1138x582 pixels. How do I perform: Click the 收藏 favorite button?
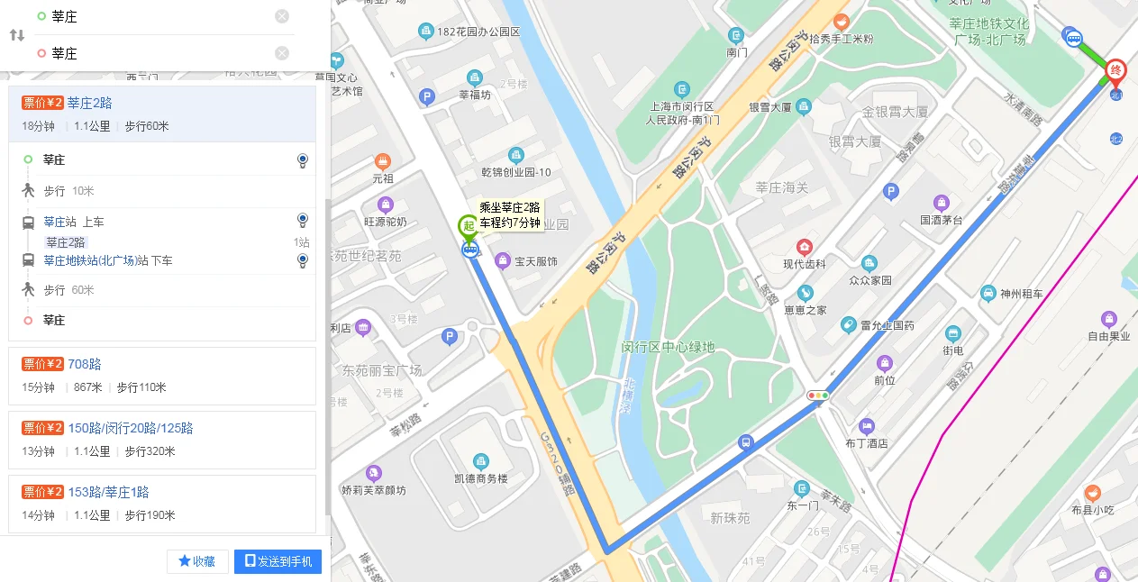[197, 561]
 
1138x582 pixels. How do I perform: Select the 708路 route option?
[84, 364]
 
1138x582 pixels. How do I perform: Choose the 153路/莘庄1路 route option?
[108, 492]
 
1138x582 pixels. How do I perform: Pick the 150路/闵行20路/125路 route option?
[131, 428]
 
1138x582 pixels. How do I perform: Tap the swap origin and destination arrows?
[17, 35]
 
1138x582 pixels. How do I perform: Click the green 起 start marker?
[469, 226]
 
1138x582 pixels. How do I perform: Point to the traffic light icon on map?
[818, 396]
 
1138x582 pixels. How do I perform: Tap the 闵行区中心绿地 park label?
[668, 347]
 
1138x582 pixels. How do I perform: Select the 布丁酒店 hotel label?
[866, 442]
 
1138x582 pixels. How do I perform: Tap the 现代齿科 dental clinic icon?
[804, 247]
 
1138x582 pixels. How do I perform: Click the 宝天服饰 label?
[535, 261]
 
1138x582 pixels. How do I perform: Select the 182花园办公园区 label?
[478, 32]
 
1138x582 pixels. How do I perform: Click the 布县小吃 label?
[1092, 510]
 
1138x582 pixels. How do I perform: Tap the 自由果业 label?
[1108, 337]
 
